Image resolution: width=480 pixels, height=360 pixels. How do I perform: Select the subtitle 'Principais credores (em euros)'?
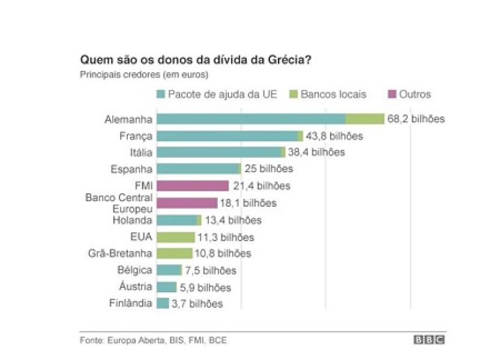[144, 75]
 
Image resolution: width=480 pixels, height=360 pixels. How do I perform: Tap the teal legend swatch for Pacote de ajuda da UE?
[160, 94]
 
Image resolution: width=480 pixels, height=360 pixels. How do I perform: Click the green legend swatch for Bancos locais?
[293, 94]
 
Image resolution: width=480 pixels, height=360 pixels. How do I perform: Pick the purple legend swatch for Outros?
[392, 94]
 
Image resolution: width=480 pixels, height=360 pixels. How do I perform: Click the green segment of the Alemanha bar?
[365, 119]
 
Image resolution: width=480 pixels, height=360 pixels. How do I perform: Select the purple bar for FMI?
[193, 186]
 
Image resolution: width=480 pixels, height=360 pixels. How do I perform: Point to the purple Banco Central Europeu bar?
[187, 203]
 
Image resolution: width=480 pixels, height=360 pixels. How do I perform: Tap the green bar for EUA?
[176, 237]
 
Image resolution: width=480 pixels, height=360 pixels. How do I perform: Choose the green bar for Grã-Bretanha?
[175, 254]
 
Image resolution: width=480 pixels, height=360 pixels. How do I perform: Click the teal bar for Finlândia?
[163, 304]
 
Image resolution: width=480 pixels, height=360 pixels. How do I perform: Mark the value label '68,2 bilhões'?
[416, 119]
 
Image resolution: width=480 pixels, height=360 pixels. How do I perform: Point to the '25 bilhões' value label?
[268, 169]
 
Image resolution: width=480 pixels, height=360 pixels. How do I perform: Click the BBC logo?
[429, 340]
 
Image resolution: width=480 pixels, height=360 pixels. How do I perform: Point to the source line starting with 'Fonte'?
[154, 340]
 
